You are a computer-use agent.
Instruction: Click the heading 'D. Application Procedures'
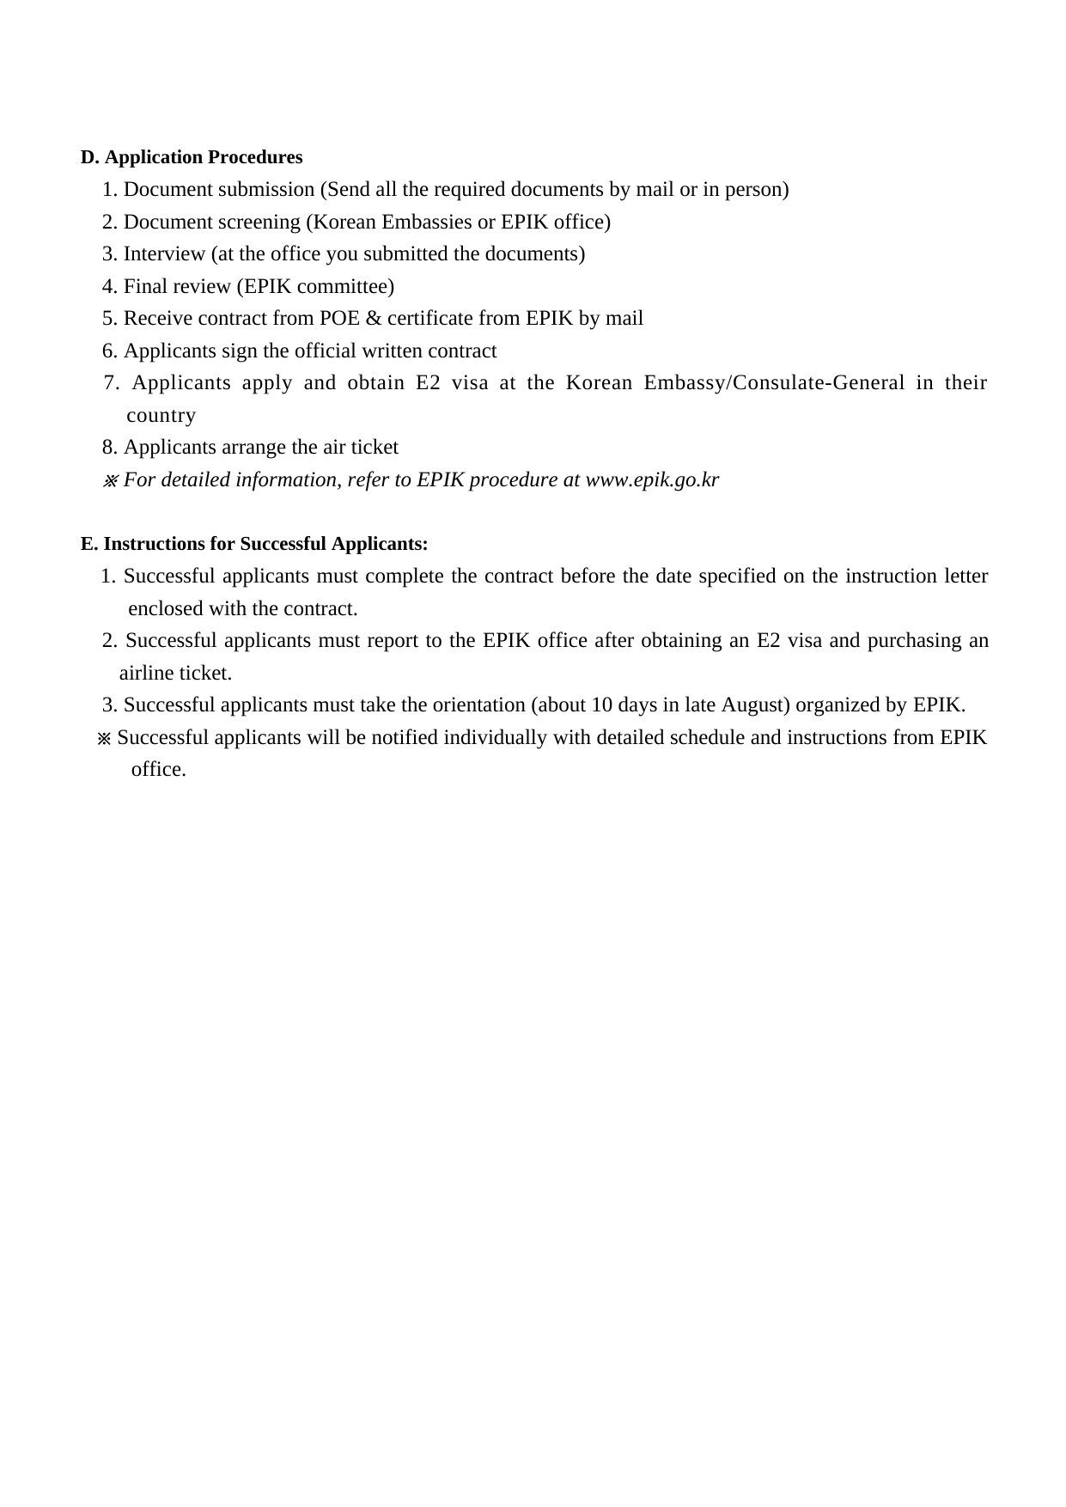[x=192, y=157]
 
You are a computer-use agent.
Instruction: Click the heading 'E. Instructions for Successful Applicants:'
[x=254, y=544]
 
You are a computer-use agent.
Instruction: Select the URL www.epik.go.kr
[x=652, y=479]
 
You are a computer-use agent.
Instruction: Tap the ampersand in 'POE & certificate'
[x=374, y=319]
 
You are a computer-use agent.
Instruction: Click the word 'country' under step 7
[x=161, y=416]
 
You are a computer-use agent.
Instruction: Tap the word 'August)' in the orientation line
[x=756, y=705]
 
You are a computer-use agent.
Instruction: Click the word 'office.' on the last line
[x=159, y=770]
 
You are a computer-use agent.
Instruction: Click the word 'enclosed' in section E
[x=166, y=609]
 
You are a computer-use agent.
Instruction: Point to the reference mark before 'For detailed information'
[x=110, y=480]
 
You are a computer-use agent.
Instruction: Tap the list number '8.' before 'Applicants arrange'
[x=110, y=448]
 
